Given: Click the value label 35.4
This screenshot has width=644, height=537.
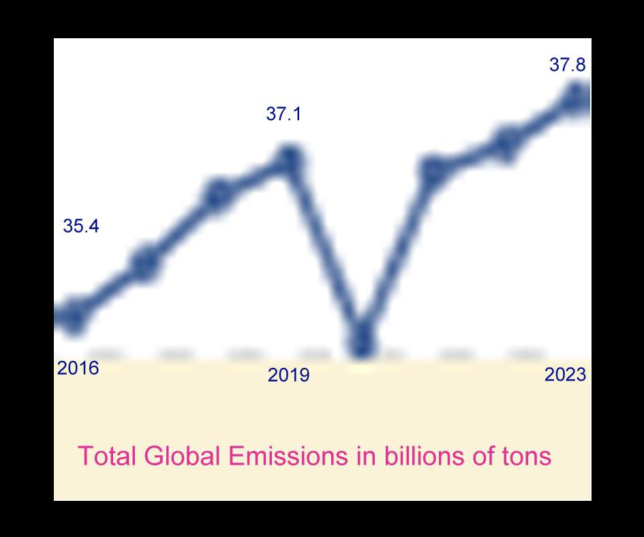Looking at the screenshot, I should click(x=81, y=227).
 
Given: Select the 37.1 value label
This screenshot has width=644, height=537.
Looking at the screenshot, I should click(x=283, y=114).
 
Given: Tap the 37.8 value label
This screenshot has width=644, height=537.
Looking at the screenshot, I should click(x=568, y=65).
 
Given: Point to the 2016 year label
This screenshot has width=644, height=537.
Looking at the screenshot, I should click(x=78, y=368).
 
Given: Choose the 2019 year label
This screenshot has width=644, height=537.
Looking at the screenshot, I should click(x=289, y=375).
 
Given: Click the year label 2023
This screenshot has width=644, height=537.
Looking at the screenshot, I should click(x=566, y=375).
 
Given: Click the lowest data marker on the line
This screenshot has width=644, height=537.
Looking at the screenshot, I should click(x=363, y=340).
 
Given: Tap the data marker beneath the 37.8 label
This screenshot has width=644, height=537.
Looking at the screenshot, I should click(x=576, y=98).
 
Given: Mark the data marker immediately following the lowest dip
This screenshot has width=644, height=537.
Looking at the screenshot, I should click(x=434, y=171).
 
